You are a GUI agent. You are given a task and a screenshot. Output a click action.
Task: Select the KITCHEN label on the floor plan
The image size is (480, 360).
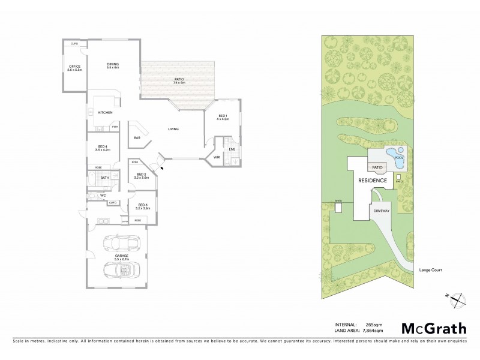tap(107, 113)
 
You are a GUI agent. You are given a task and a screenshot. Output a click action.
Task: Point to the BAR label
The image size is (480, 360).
tap(137, 138)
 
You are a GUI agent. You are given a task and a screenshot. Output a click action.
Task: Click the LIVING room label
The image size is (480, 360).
tap(173, 128)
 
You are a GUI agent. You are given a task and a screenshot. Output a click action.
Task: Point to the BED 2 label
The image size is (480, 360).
tap(142, 176)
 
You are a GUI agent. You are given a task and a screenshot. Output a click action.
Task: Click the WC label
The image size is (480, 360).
tap(103, 195)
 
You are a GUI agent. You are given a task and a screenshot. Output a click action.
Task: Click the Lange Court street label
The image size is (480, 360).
tap(431, 271)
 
